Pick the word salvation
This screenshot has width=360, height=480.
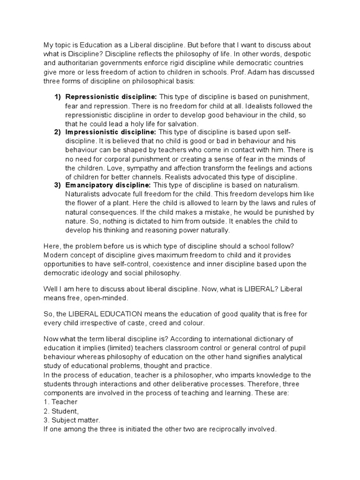click(181, 124)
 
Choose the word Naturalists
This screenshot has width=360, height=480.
click(85, 194)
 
